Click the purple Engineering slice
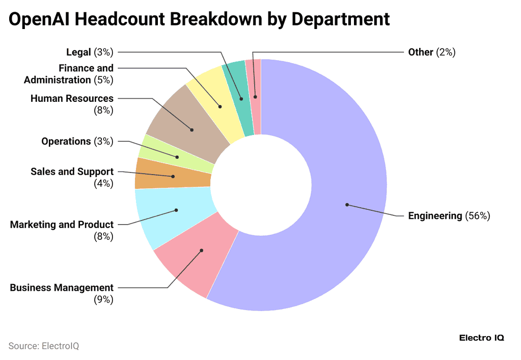pos(336,168)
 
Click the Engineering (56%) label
pos(449,216)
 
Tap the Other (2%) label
pos(431,52)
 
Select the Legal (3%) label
pos(90,52)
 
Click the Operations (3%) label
pos(77,142)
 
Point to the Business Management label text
pos(62,288)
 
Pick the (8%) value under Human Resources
pos(103,110)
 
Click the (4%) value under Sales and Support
pos(103,184)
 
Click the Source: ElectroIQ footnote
pos(44,346)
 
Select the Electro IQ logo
pos(481,338)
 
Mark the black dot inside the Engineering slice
pos(347,205)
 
